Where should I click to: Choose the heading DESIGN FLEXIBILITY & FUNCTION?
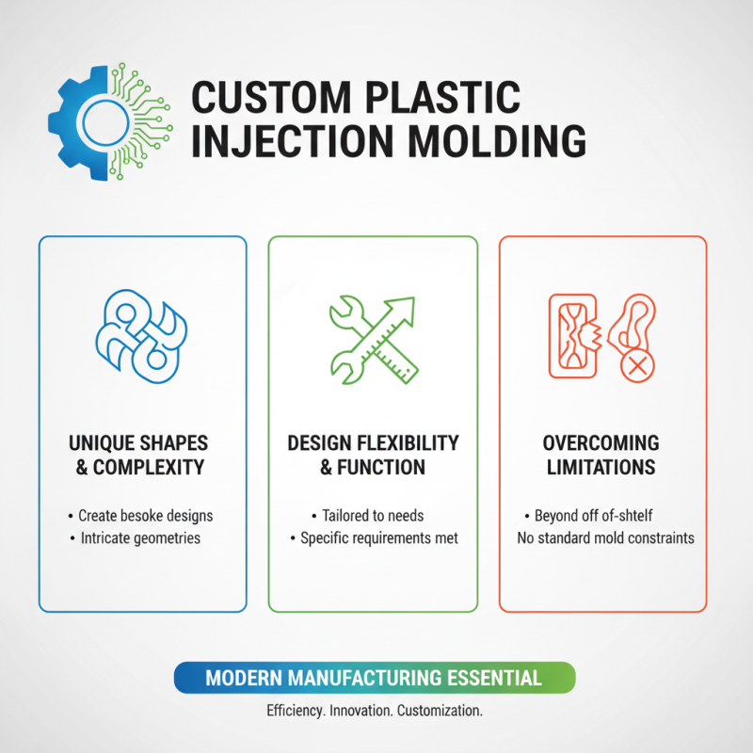[374, 455]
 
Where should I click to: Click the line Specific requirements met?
[375, 538]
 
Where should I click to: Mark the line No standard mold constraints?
[606, 538]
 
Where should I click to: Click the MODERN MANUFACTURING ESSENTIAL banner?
[374, 678]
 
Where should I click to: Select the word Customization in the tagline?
[445, 711]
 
